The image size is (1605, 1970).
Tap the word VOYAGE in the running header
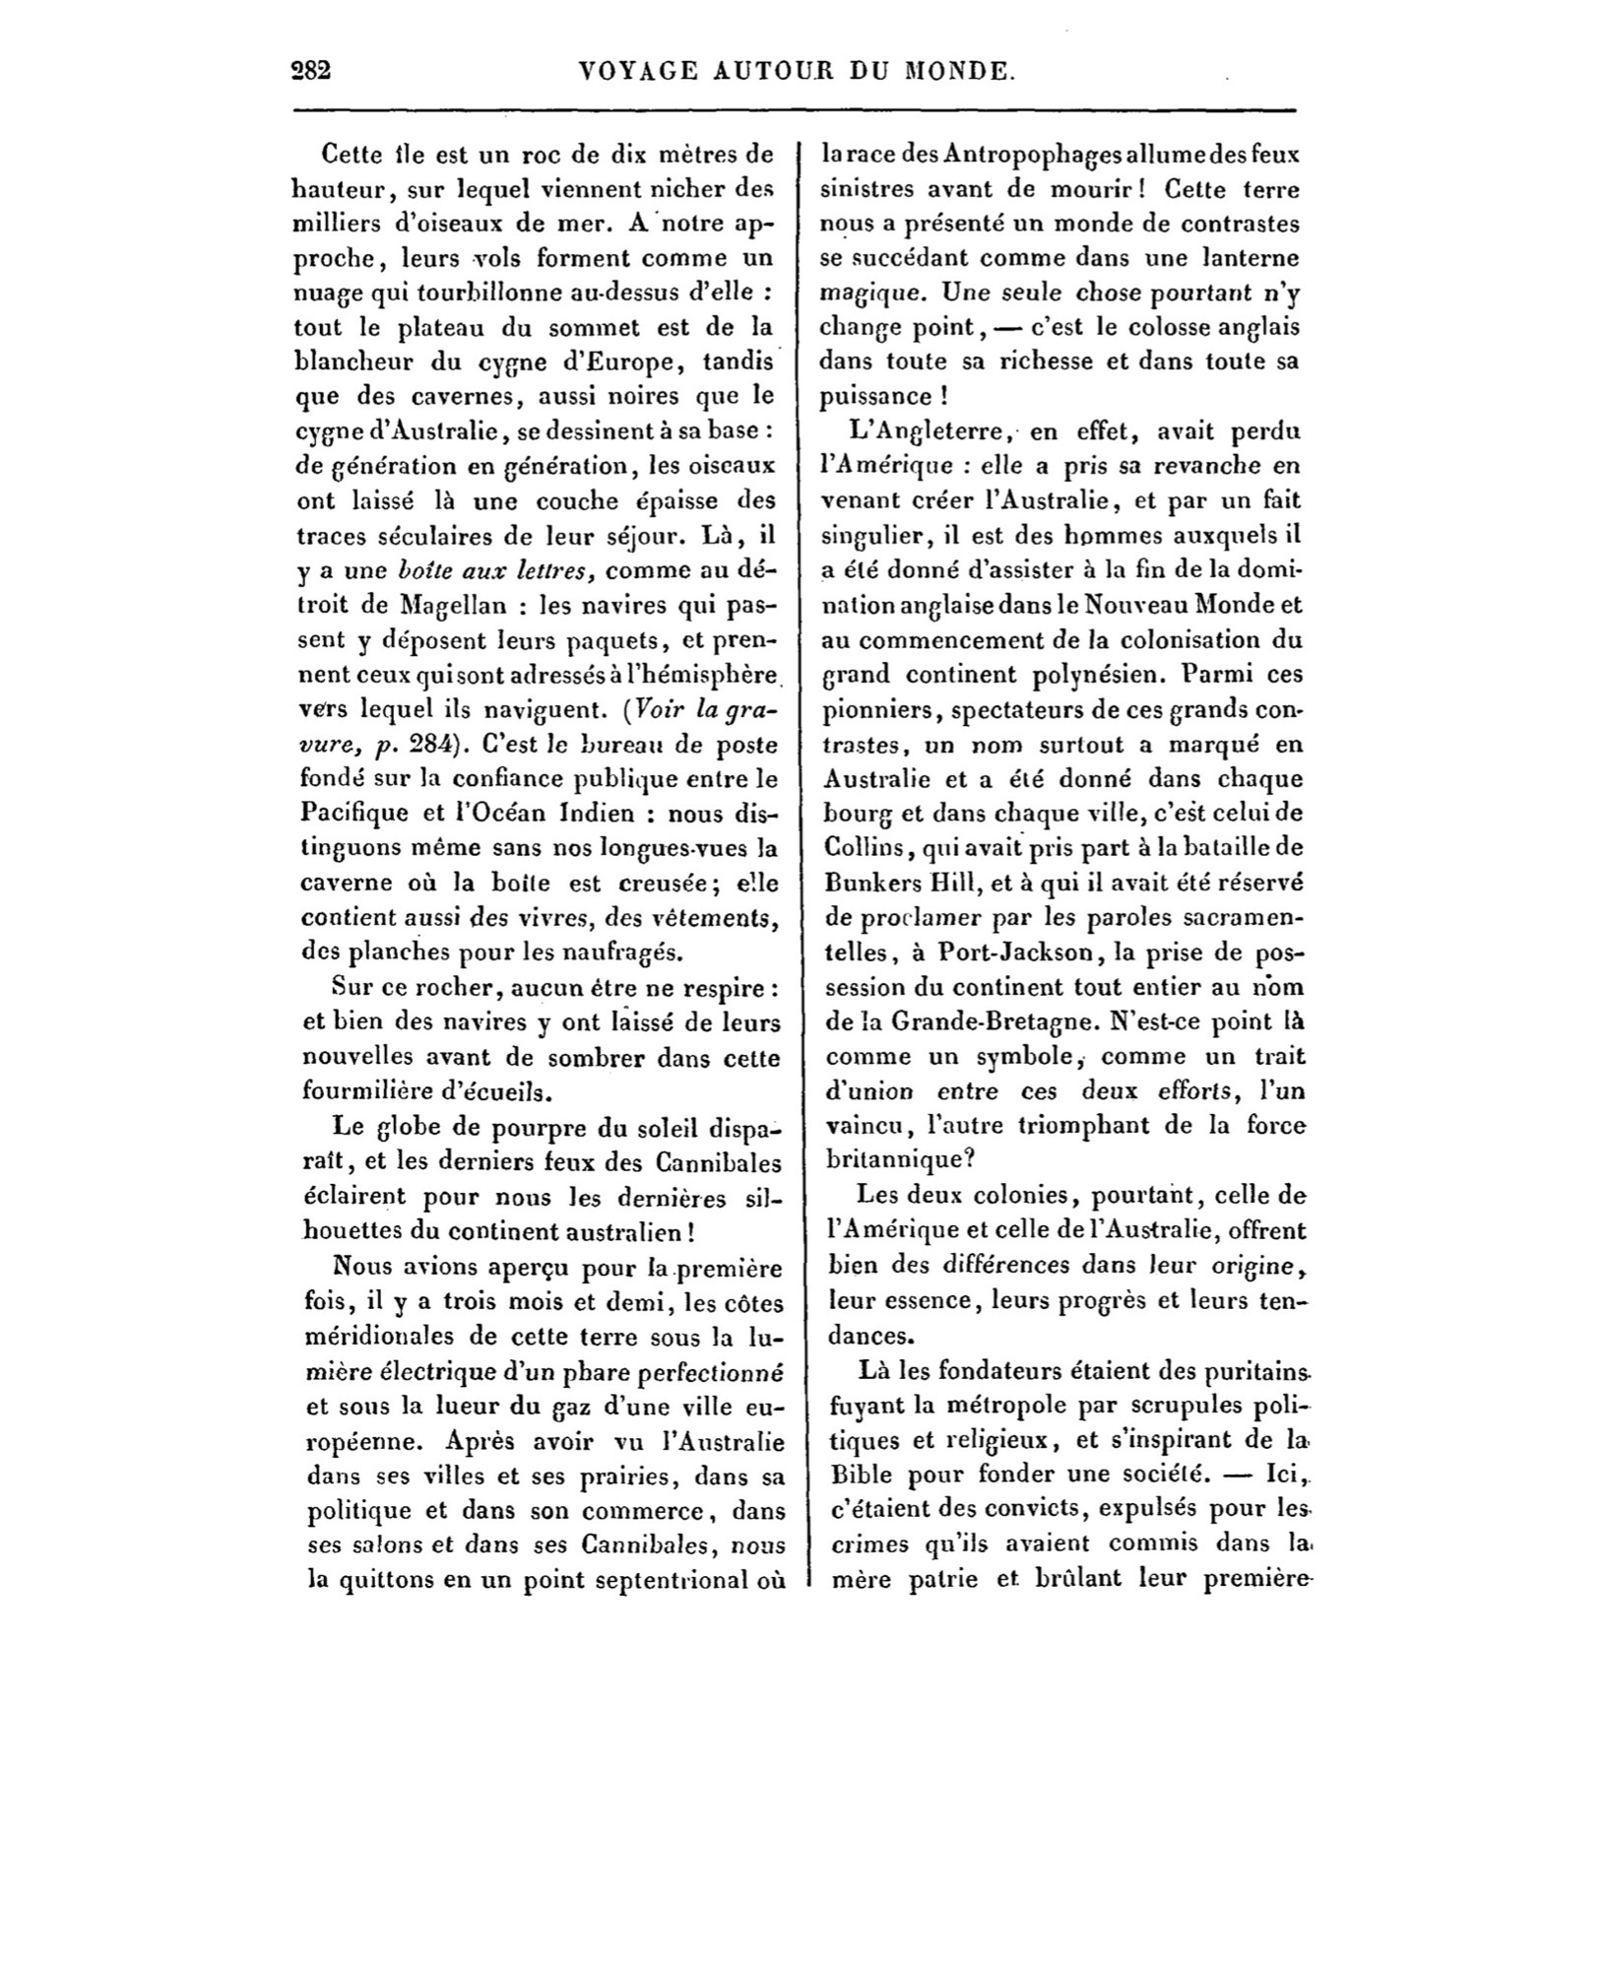(x=640, y=71)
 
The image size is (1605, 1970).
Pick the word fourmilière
(x=375, y=1092)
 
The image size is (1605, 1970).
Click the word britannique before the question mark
(x=891, y=1160)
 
